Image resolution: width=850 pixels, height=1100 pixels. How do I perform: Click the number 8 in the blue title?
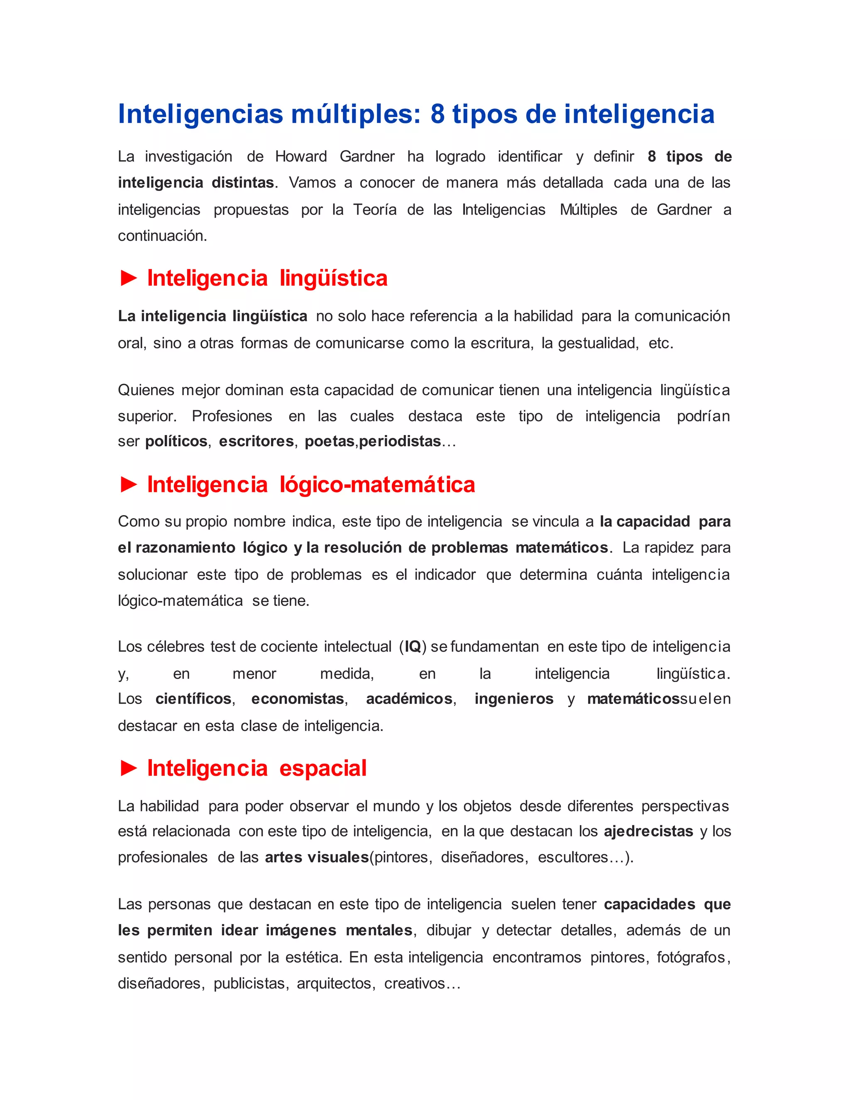(x=437, y=114)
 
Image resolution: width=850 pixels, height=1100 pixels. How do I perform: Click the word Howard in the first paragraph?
(x=300, y=156)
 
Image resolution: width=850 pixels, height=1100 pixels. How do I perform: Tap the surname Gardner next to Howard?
(x=367, y=156)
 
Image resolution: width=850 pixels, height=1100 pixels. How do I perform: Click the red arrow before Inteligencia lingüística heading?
(x=129, y=278)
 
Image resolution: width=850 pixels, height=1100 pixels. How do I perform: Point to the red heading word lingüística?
(x=333, y=279)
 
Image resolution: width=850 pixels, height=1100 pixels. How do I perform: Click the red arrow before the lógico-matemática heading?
(x=129, y=484)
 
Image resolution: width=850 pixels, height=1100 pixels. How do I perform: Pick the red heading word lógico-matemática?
(x=377, y=485)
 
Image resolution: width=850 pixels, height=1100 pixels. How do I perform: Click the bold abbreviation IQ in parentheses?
(x=413, y=646)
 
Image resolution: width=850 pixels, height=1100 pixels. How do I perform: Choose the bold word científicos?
(x=193, y=699)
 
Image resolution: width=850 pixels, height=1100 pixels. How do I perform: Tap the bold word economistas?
(x=298, y=699)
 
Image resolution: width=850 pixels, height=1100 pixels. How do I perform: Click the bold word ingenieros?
(x=514, y=699)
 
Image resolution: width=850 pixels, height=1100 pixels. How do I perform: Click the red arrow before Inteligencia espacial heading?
(x=129, y=768)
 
